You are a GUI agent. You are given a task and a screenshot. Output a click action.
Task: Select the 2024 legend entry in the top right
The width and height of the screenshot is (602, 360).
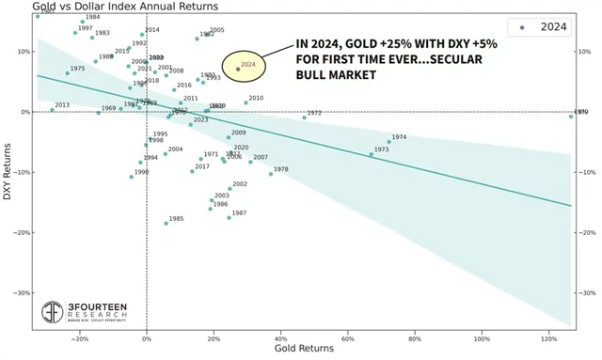[540, 27]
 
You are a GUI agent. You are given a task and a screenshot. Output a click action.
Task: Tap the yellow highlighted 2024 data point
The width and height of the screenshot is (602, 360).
[238, 69]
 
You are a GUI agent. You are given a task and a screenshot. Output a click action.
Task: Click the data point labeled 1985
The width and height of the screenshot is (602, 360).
[166, 223]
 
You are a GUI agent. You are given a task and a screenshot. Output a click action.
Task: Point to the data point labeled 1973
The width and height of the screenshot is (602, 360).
[371, 154]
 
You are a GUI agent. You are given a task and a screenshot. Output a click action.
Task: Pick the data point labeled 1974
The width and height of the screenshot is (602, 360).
[388, 142]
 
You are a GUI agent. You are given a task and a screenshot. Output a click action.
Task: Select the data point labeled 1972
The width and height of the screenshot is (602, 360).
[304, 117]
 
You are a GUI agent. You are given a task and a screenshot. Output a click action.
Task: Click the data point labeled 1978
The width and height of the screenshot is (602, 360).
[271, 174]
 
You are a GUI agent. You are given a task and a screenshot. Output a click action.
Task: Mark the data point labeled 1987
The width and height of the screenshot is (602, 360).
[229, 217]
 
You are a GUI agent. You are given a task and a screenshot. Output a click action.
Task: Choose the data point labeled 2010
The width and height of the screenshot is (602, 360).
[246, 102]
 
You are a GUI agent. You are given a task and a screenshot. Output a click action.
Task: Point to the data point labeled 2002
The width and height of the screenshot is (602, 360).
[230, 188]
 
